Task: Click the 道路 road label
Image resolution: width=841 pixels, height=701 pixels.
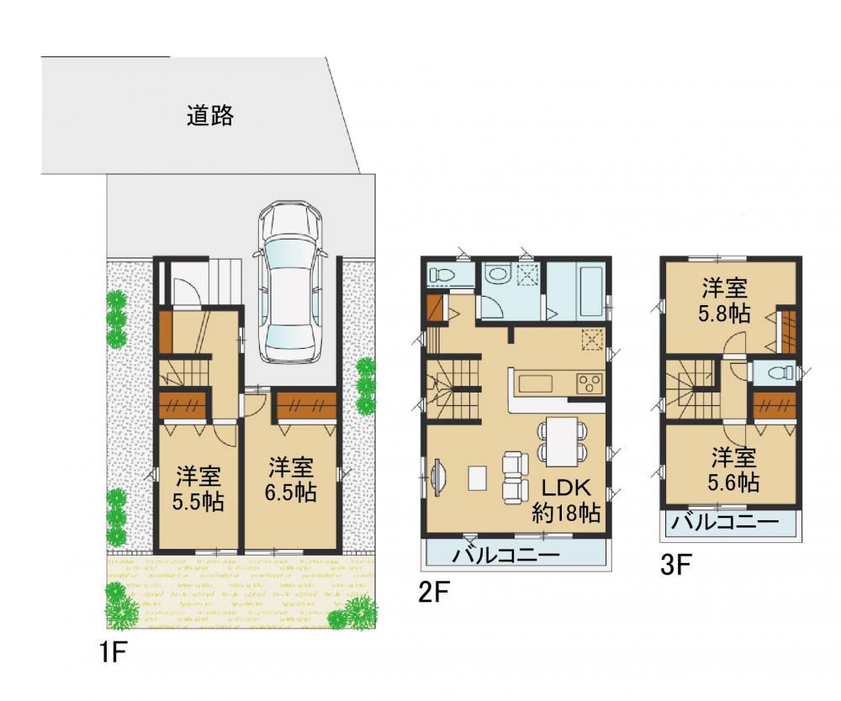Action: [209, 115]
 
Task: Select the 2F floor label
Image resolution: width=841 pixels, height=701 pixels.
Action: [432, 593]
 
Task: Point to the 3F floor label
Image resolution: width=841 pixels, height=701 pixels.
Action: [674, 565]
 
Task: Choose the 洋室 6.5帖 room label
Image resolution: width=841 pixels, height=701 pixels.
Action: [291, 479]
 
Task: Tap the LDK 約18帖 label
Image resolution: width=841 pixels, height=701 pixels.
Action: [566, 501]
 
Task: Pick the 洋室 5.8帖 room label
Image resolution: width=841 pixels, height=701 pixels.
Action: [724, 301]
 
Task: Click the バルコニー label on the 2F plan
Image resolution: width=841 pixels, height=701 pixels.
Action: [505, 555]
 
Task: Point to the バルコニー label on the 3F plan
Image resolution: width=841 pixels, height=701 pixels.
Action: [725, 520]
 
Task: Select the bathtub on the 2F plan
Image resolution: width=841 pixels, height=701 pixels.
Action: [590, 291]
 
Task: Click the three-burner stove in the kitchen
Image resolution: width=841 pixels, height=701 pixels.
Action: [589, 384]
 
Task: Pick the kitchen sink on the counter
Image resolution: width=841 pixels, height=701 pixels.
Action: [535, 384]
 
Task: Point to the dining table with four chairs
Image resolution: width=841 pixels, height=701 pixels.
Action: [563, 441]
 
